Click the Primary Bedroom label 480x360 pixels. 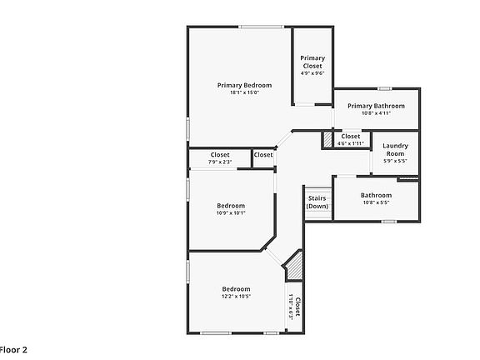245,85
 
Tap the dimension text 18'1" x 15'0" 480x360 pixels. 245,92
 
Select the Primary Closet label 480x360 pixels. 312,62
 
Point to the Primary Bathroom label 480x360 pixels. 376,106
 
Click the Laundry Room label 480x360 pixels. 395,150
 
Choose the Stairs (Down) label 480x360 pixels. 317,202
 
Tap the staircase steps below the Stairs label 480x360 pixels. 317,214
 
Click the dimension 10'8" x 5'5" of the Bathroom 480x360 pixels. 376,202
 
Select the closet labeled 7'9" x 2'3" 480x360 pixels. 220,157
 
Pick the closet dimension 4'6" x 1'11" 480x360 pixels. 350,143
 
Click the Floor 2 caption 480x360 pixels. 13,350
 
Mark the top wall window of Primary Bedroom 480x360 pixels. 263,27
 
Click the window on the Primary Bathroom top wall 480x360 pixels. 384,88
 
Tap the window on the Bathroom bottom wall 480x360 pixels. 388,221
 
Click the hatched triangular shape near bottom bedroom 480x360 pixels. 294,268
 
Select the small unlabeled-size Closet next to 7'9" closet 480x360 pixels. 263,155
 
